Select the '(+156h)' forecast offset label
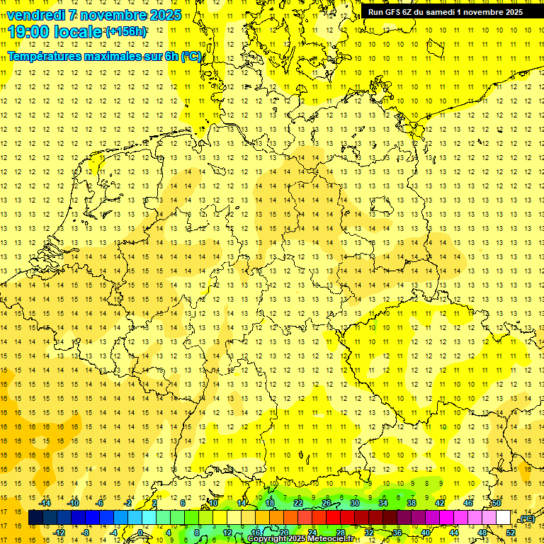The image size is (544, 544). (x=126, y=32)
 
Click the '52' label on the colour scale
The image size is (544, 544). (x=511, y=533)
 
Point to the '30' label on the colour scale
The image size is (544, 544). (x=355, y=503)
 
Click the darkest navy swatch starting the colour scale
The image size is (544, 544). (x=36, y=518)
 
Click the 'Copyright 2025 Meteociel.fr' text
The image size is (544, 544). (x=300, y=539)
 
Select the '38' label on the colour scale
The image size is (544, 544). (x=412, y=503)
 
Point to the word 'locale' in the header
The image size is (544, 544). (x=81, y=32)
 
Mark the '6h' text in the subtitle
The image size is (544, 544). (x=171, y=57)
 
